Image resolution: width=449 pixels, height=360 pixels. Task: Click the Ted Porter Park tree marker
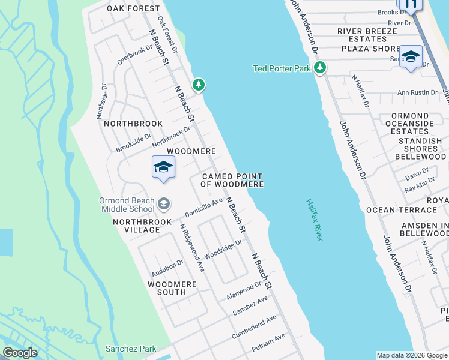320,68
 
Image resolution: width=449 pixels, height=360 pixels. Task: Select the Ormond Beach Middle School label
127,205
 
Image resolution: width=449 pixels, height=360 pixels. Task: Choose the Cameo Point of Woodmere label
232,180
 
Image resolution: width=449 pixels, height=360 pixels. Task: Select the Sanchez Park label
131,349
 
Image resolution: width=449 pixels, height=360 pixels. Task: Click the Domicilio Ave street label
204,208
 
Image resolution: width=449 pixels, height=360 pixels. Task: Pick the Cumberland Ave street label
255,326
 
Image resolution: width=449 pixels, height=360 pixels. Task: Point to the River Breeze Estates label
367,35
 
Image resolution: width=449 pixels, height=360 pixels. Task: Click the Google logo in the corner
20,353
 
